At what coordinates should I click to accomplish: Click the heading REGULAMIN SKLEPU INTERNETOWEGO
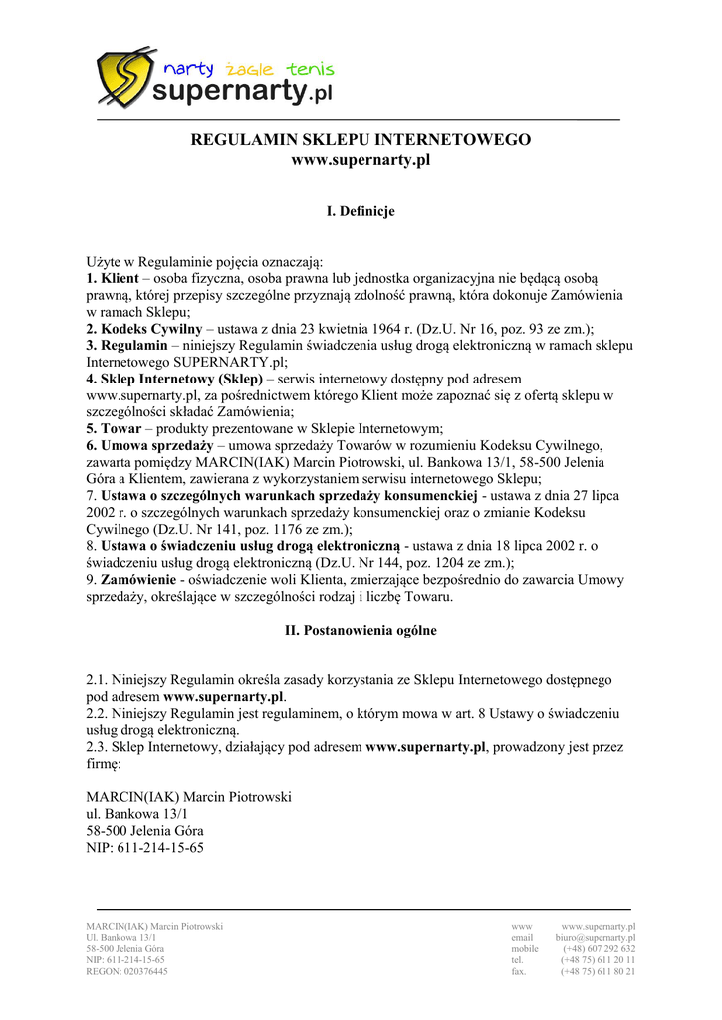point(361,140)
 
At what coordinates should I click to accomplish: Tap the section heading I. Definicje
point(361,211)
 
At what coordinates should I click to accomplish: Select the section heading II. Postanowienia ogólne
point(361,631)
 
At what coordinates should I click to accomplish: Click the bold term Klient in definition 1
point(120,278)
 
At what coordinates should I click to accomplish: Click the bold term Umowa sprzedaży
point(156,445)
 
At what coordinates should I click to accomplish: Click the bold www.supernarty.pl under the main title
point(361,160)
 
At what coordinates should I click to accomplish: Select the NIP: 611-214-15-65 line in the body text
point(145,848)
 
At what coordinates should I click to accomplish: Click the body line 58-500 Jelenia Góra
point(145,831)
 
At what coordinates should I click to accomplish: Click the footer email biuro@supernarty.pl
point(596,938)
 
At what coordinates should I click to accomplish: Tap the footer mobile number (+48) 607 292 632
point(599,949)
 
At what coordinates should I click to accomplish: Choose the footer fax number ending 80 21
point(598,971)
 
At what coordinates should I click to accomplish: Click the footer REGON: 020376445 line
point(126,971)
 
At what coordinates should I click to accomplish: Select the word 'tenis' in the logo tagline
point(310,69)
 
